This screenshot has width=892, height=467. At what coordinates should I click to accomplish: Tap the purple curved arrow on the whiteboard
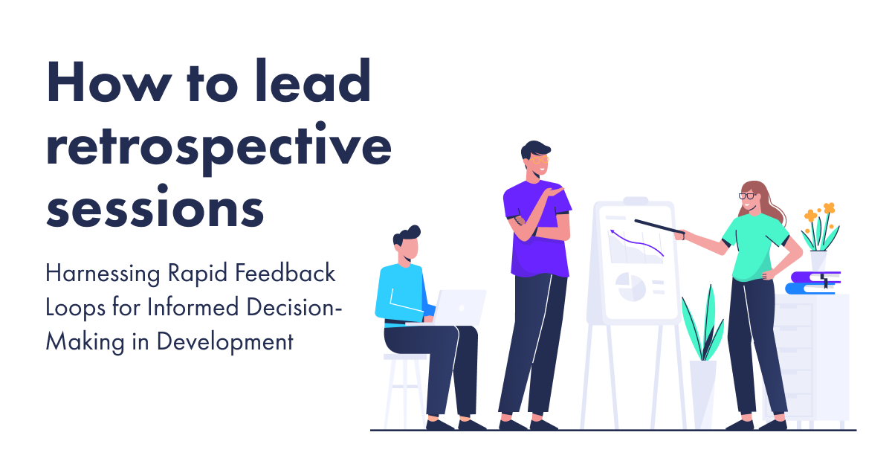coord(635,243)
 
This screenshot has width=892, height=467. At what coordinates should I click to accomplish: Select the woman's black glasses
coord(746,196)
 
